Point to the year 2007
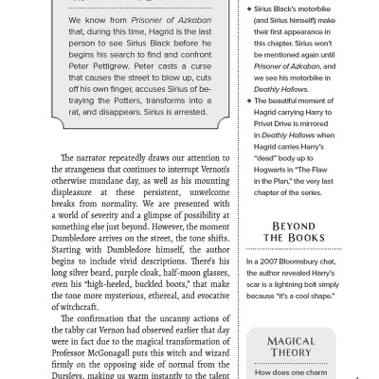pyautogui.click(x=268, y=261)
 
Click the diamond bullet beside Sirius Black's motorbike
pyautogui.click(x=249, y=8)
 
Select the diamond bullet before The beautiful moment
pyautogui.click(x=249, y=99)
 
